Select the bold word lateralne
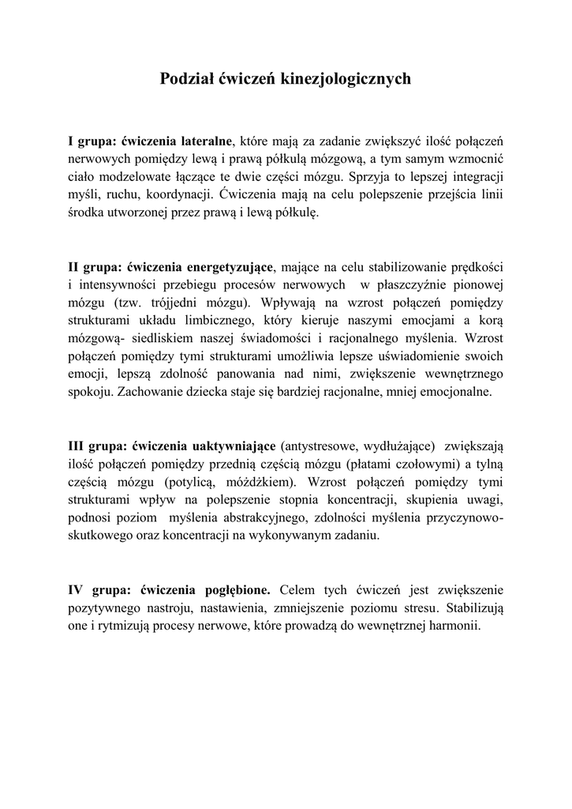(x=206, y=141)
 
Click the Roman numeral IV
(x=77, y=589)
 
